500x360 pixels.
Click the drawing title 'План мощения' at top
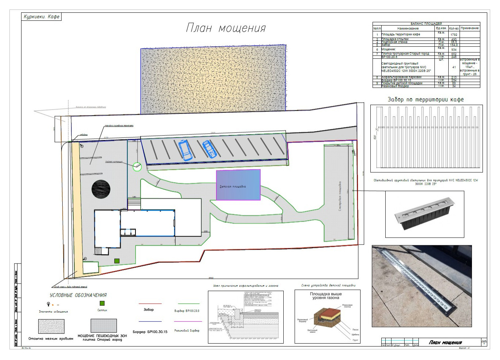tap(226, 28)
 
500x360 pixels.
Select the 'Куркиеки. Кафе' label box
tap(42, 17)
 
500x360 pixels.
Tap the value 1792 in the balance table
tap(454, 35)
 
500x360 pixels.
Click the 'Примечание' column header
tap(469, 28)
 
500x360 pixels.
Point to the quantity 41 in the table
tap(454, 67)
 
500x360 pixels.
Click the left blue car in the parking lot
tap(185, 150)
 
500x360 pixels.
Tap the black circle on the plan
tap(101, 189)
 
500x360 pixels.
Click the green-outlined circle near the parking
tap(137, 167)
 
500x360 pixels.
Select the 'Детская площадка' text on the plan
tap(233, 187)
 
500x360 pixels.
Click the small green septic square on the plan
tap(117, 261)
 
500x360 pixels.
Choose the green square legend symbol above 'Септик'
tap(102, 303)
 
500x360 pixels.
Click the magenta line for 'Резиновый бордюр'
tap(188, 321)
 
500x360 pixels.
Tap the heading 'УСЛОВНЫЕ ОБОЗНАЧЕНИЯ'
tap(78, 295)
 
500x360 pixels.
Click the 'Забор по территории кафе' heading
tap(425, 99)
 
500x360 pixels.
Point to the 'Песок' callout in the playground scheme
tap(355, 330)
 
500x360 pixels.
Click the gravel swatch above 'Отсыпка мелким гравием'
tap(51, 326)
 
